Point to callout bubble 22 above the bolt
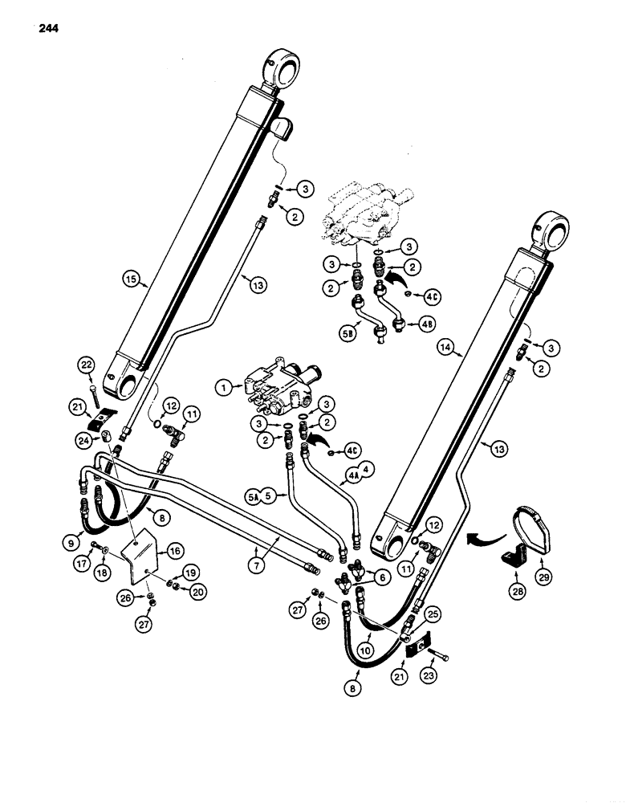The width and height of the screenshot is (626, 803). (87, 365)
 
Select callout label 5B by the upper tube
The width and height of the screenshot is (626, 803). (346, 328)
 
